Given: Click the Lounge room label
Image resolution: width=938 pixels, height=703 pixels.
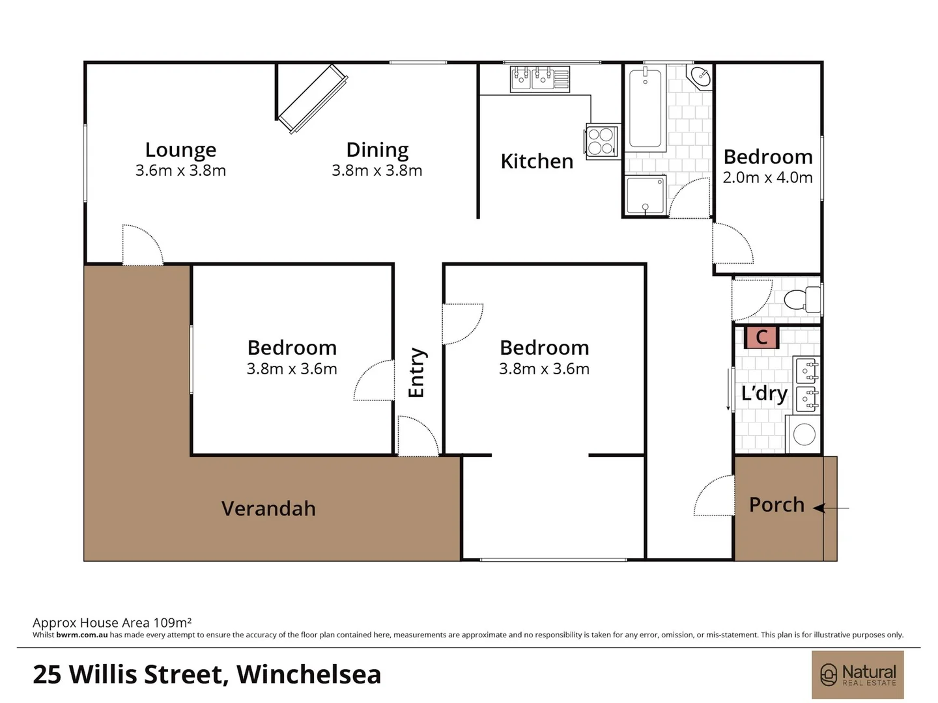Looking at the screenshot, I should tap(180, 150).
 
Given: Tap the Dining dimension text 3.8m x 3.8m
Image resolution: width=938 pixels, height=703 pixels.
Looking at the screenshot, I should tap(377, 171).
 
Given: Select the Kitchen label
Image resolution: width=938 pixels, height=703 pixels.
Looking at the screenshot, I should tap(537, 161).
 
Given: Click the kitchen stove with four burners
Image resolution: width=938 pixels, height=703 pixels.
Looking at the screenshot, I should tap(601, 142).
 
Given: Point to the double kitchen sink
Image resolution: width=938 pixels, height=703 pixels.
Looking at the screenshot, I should tap(532, 79).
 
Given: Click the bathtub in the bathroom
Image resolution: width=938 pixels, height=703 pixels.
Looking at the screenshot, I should tap(646, 109).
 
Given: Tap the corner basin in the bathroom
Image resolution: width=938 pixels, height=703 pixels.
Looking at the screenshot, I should tap(701, 76).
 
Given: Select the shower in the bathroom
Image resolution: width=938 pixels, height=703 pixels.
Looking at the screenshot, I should tap(645, 195).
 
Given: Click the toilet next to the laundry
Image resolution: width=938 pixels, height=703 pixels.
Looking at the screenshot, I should tap(803, 299).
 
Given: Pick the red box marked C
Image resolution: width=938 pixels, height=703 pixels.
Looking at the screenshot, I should tap(761, 337).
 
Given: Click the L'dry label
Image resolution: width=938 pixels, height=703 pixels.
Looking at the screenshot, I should tap(764, 393).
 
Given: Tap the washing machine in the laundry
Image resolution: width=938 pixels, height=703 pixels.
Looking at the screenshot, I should tap(804, 434).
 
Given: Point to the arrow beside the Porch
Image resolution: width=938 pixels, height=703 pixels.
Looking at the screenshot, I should tap(831, 508).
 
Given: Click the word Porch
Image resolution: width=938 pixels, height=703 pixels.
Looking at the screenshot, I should tap(776, 504).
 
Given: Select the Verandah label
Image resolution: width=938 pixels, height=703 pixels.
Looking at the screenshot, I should tap(268, 508).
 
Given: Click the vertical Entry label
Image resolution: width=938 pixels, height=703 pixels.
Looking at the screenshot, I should tap(416, 373).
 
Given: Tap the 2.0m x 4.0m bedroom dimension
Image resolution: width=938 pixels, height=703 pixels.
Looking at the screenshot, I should tap(767, 178).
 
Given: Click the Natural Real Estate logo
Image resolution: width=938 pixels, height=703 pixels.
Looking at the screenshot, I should tap(857, 674).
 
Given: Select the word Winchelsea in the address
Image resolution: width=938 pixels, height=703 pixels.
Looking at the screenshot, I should tap(309, 674).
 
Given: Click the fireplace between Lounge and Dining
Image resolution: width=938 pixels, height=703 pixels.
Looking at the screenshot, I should tap(311, 99).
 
